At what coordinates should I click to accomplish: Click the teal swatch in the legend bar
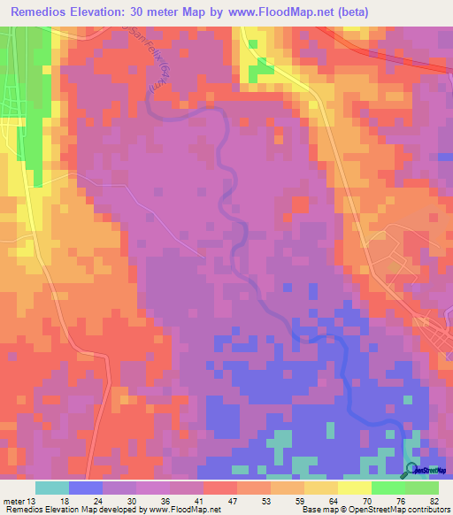[x=52, y=488]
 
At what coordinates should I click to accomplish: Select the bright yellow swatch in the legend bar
[x=355, y=488]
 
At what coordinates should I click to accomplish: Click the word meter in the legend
[x=12, y=500]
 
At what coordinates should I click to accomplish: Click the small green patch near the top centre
[x=262, y=71]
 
